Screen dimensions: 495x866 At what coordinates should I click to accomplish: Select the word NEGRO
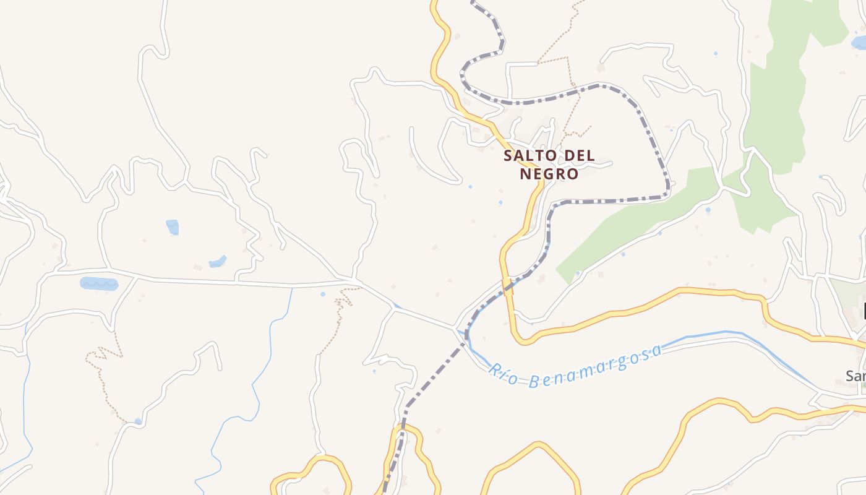(549, 174)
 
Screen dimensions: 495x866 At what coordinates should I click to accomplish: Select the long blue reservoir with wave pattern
(99, 283)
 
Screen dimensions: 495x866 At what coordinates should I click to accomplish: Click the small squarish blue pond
(173, 227)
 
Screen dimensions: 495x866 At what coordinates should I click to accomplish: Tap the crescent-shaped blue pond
(217, 262)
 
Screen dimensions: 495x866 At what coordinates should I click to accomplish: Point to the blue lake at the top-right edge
(859, 43)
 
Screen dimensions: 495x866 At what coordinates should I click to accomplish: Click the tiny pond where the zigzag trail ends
(137, 421)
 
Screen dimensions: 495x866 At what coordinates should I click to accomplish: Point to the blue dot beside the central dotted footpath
(323, 294)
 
